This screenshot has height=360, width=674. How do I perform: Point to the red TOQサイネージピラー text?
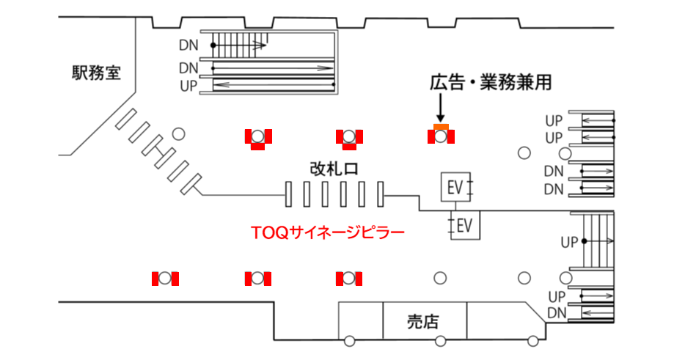327,234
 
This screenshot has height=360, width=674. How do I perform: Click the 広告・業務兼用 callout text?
490,84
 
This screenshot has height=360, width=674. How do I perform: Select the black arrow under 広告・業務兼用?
440,110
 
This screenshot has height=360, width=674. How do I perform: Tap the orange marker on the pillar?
440,128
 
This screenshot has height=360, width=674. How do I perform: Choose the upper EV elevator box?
454,187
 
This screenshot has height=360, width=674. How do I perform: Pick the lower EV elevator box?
464,225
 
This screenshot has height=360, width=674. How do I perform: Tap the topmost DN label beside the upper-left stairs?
188,45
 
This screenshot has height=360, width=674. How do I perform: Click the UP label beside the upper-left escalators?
188,86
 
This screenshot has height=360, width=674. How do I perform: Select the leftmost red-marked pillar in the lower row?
166,279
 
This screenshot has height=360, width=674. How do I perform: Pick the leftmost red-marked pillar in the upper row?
258,137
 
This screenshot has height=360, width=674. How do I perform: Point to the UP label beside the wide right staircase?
570,242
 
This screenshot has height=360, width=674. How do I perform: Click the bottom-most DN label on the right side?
554,313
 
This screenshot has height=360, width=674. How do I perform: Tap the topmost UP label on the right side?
554,120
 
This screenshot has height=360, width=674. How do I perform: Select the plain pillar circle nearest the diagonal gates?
177,133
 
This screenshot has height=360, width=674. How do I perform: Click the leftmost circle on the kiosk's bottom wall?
349,341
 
